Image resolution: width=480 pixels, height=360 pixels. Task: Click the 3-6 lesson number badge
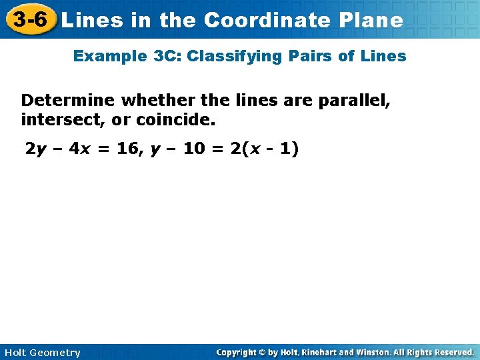pyautogui.click(x=31, y=20)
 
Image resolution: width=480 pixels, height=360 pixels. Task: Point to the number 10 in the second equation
pyautogui.click(x=194, y=149)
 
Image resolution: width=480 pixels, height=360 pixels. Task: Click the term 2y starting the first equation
pyautogui.click(x=36, y=149)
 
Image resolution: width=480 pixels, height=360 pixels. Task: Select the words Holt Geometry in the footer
pyautogui.click(x=42, y=353)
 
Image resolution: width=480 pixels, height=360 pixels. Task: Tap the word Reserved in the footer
pyautogui.click(x=449, y=352)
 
